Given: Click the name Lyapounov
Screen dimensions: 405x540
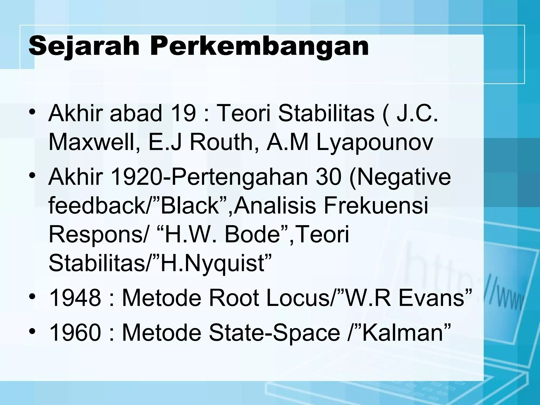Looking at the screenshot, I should [375, 143].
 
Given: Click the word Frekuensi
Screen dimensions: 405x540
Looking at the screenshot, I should [375, 206].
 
